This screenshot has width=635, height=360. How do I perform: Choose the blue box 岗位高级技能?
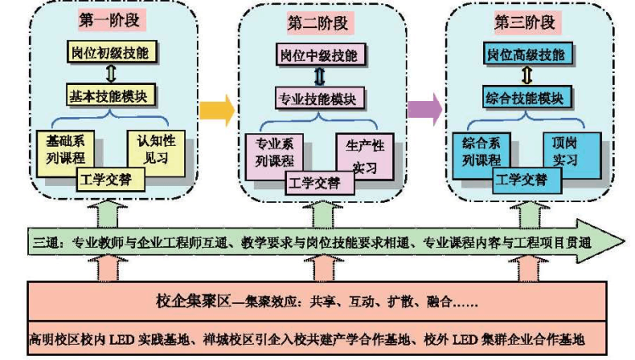(525, 55)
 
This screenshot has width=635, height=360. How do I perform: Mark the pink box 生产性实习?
(364, 153)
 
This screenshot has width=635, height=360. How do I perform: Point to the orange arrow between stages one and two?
(216, 108)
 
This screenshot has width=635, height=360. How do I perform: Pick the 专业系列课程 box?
(272, 153)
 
